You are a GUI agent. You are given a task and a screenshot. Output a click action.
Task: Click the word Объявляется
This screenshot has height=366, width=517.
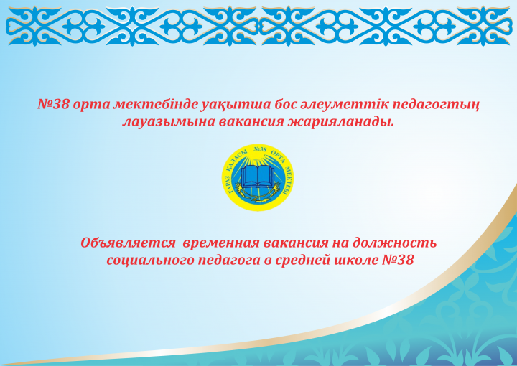129,243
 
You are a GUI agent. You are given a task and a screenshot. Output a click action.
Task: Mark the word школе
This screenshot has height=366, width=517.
355,261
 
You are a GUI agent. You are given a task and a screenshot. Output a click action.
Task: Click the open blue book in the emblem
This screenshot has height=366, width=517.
257,177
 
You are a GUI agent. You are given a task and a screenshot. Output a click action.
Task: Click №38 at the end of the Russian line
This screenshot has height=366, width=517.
398,261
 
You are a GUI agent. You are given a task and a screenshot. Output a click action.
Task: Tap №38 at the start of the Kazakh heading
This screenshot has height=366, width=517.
52,105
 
